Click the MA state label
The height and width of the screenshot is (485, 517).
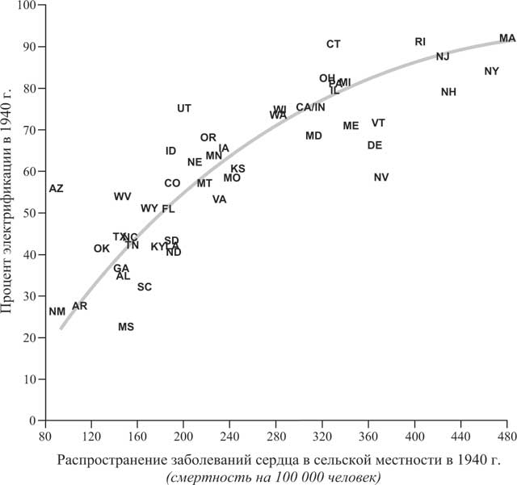coord(507,38)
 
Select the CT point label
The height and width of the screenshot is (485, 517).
coord(334,44)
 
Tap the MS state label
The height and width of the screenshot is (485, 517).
coord(126,327)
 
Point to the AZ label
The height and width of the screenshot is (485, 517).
coord(56,188)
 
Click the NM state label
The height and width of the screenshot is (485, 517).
coord(57,311)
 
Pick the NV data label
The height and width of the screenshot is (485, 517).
coord(381,178)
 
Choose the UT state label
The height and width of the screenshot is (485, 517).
coord(184,108)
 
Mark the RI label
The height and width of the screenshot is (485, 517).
coord(420,41)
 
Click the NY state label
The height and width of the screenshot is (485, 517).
coord(491,71)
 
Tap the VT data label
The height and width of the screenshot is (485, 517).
coord(378,123)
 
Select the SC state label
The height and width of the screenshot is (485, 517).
coord(144,286)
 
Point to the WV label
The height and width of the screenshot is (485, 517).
coord(122,196)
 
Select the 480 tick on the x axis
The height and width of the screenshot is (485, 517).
coord(506,436)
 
